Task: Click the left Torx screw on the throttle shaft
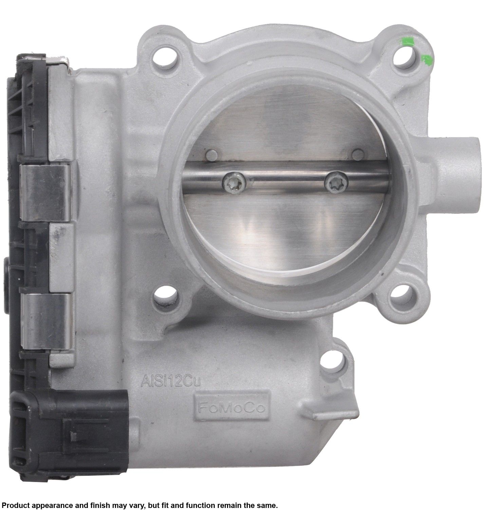click(234, 183)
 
